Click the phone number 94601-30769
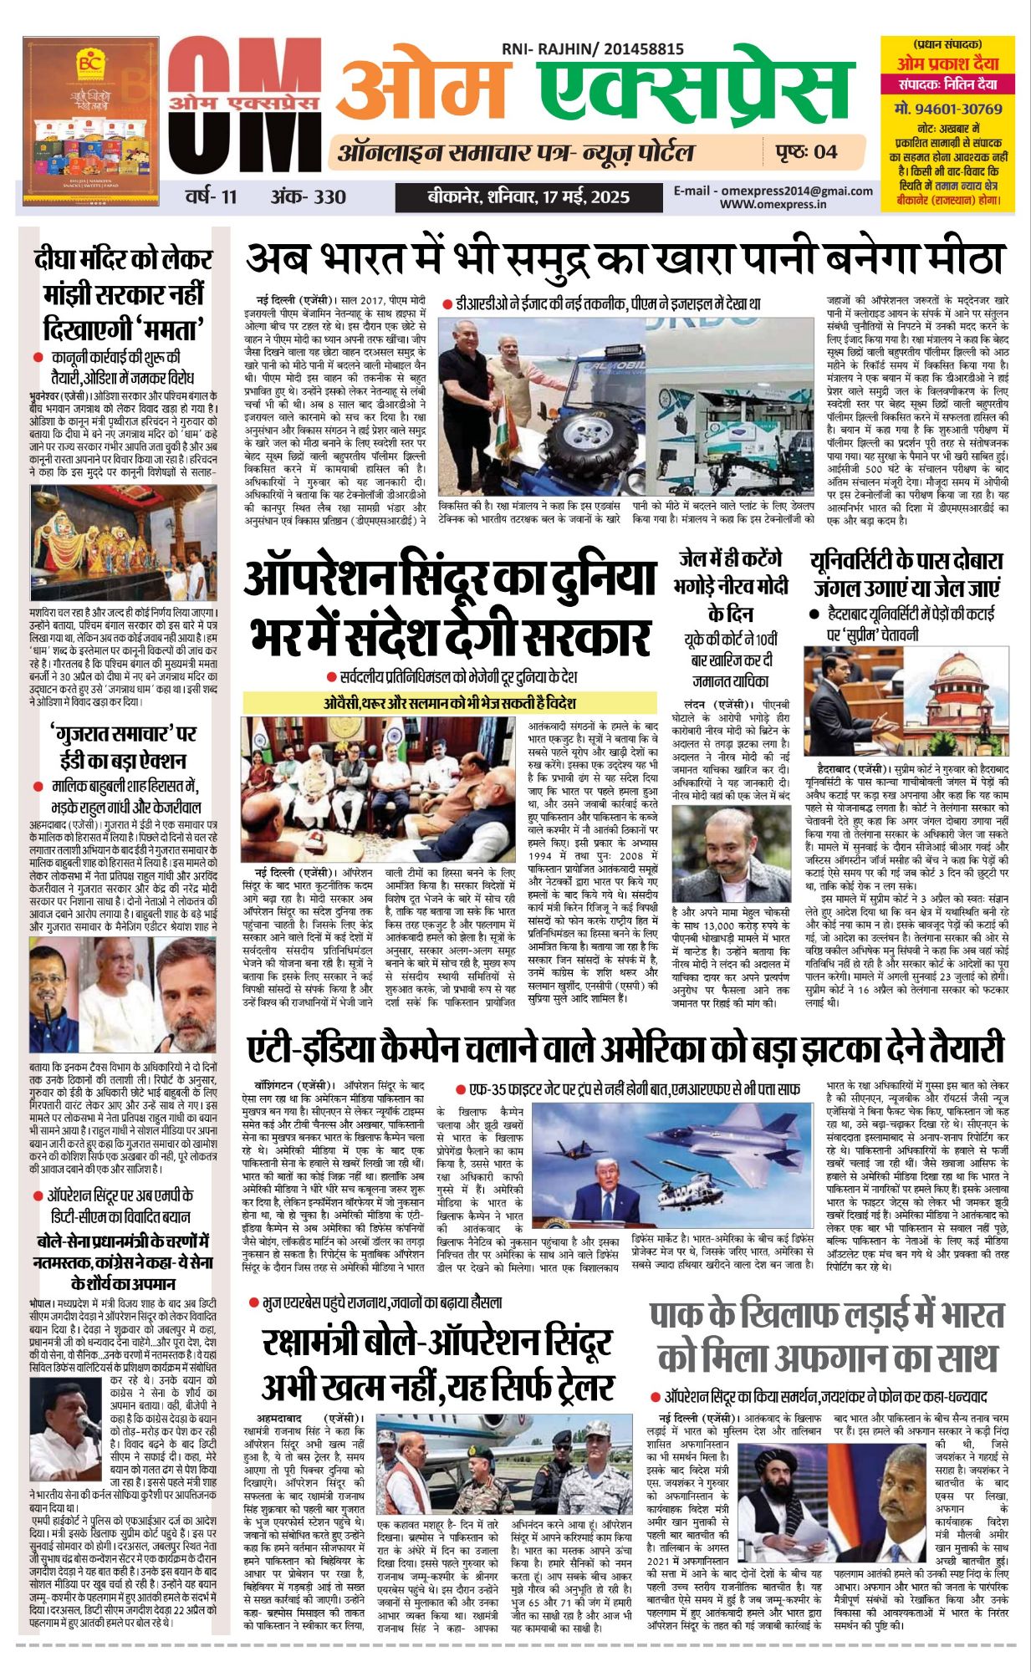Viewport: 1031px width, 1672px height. click(x=947, y=109)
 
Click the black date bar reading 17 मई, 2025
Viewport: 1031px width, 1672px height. click(x=528, y=198)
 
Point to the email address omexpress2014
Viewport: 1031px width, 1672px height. click(x=773, y=191)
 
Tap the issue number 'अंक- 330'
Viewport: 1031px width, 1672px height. click(x=308, y=197)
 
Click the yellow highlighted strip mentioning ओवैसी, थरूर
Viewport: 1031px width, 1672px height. click(x=450, y=703)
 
